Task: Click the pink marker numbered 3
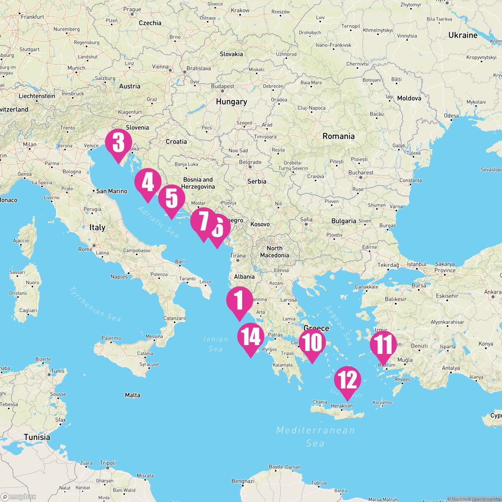pos(118,143)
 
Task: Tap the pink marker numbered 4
pos(148,182)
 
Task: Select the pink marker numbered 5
pos(172,199)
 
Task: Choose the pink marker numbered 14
pos(251,337)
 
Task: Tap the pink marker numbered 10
pos(312,343)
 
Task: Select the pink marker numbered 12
pos(348,380)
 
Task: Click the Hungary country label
pos(231,102)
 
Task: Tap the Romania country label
pos(338,136)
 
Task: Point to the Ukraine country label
pos(463,35)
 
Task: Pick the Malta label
pos(133,395)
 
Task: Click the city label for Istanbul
pos(417,264)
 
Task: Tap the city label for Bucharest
pos(361,172)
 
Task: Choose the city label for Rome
pos(85,249)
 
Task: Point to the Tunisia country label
pos(37,437)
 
